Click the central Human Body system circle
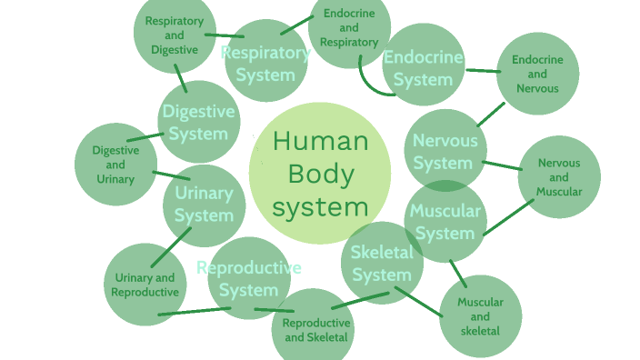click(x=319, y=173)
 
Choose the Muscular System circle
click(x=445, y=222)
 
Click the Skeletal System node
click(x=382, y=263)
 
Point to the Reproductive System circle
click(x=248, y=278)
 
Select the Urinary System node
click(x=204, y=205)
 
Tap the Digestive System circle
click(x=198, y=122)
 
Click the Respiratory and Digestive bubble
click(x=175, y=34)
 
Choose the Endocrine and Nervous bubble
click(x=537, y=74)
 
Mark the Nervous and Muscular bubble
click(x=559, y=177)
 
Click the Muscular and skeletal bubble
click(x=481, y=315)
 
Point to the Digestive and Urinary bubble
click(x=115, y=165)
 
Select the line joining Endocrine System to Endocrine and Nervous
click(x=483, y=70)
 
